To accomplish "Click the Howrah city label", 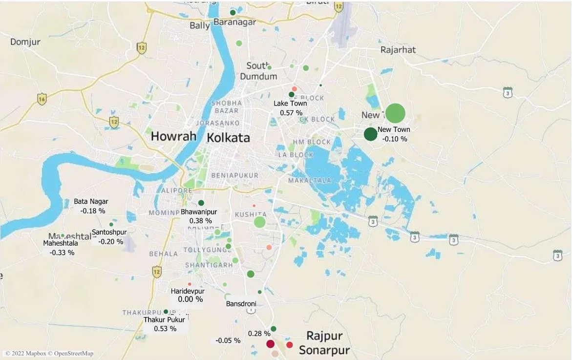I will point(173,136).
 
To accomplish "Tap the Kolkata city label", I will point(228,137).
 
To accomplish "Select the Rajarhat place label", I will point(398,50).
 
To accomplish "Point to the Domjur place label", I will point(25,42).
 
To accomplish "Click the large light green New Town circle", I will point(395,113).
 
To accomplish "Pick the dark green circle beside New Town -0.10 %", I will point(370,134).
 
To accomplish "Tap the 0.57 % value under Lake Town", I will point(291,113).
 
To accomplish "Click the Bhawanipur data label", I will point(199,212).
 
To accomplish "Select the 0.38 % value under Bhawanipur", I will point(200,221).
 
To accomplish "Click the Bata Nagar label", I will point(91,201).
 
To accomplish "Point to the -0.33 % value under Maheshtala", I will point(62,253).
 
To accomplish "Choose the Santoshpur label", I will point(109,232).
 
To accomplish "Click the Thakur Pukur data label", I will point(164,320).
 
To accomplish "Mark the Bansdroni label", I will point(241,304).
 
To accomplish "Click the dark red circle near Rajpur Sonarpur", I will point(270,344).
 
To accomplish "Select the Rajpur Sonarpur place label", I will point(324,343).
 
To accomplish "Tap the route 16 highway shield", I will point(42,98).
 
